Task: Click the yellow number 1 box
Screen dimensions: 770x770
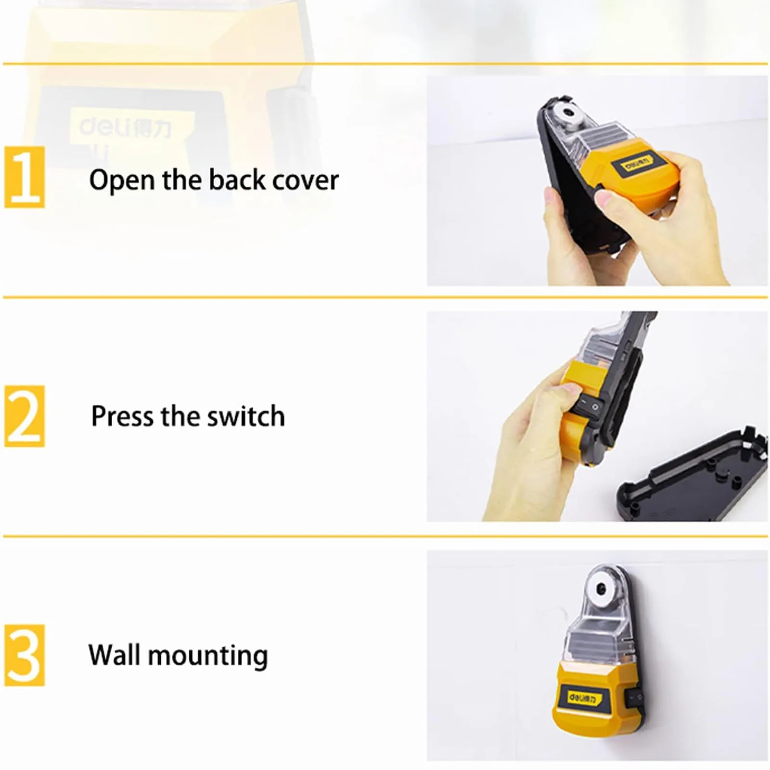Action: pos(25,178)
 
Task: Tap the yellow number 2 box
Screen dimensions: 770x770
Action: pos(25,416)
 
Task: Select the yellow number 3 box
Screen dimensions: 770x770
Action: pos(25,655)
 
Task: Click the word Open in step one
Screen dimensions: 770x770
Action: pos(122,180)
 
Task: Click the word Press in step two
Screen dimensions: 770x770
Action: pos(122,416)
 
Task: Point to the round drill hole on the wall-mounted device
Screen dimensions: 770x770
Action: pos(601,588)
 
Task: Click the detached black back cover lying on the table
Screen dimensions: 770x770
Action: pos(693,476)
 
